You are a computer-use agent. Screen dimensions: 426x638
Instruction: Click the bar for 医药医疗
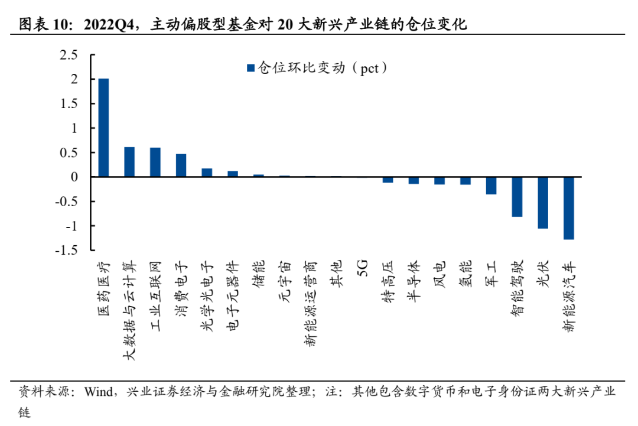click(x=103, y=128)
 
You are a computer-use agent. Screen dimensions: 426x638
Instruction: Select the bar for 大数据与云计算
click(x=129, y=162)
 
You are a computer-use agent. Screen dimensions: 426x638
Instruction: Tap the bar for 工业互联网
click(x=155, y=162)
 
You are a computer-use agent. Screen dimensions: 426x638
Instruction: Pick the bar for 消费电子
click(x=181, y=165)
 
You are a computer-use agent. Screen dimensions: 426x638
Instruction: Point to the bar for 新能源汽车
click(x=569, y=208)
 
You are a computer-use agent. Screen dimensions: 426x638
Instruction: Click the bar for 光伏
click(x=543, y=203)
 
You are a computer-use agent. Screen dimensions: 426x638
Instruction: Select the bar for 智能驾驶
click(x=517, y=197)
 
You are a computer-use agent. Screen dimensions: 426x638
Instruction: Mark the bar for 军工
click(x=491, y=186)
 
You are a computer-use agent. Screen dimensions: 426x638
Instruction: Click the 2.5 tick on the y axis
click(x=69, y=55)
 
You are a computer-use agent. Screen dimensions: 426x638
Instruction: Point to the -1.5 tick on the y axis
click(x=67, y=251)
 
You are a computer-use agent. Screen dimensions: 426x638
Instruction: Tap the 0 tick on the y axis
click(x=74, y=177)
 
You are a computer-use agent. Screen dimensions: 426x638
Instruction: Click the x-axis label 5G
click(x=362, y=266)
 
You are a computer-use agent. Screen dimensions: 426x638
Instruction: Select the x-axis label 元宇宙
click(x=284, y=277)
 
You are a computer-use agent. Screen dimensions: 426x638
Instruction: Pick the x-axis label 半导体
click(x=414, y=277)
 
